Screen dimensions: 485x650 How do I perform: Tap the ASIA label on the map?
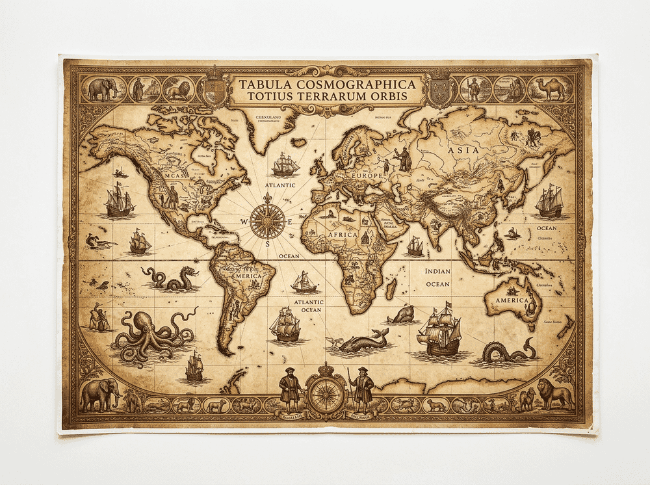click(463, 150)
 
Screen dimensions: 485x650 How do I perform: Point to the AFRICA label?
click(343, 234)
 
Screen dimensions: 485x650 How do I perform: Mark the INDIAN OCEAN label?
click(437, 277)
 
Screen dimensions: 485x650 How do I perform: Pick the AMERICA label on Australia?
click(512, 301)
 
